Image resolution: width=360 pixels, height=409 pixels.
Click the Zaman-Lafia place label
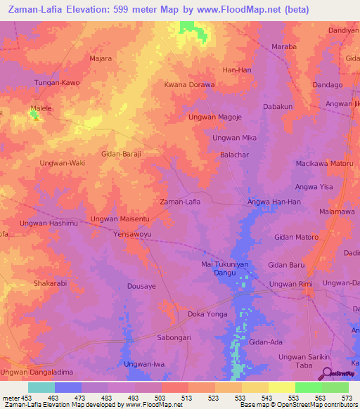(181, 202)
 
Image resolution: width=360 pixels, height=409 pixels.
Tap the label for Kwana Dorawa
(189, 85)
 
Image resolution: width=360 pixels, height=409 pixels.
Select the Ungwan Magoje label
(215, 117)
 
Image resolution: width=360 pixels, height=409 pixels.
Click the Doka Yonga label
(207, 315)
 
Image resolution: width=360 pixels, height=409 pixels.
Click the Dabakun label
(277, 107)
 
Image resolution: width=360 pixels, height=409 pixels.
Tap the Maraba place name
(284, 47)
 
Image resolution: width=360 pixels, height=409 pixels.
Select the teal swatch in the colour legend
(41, 387)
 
